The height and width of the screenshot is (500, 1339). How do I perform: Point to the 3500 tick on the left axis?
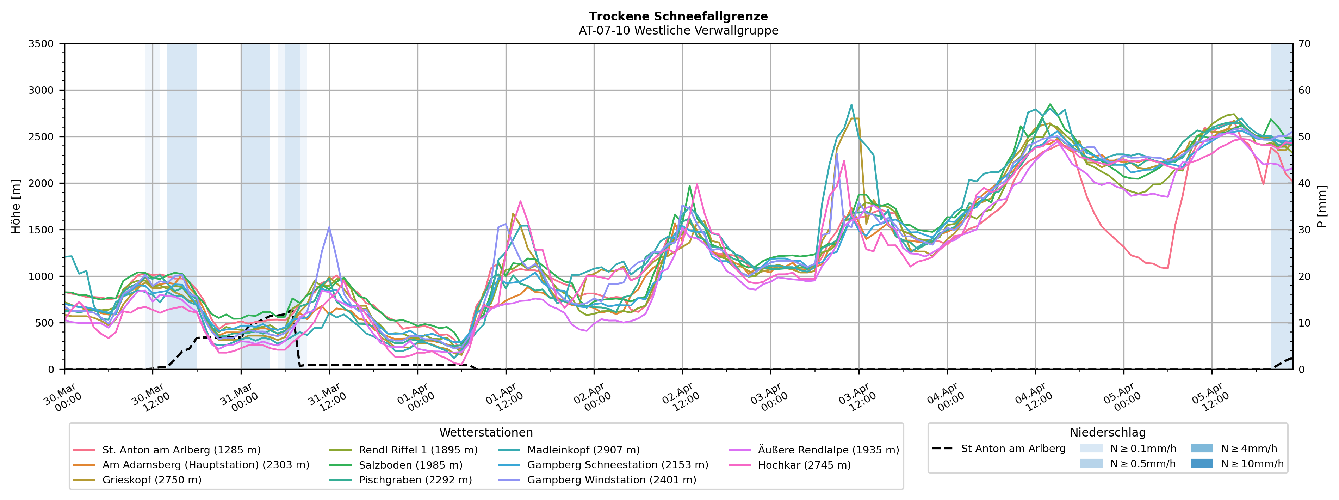click(41, 44)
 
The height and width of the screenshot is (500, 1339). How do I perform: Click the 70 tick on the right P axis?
click(1304, 44)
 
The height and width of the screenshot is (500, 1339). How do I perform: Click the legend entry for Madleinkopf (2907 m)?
click(583, 450)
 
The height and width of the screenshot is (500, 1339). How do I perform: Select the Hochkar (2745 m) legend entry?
click(804, 465)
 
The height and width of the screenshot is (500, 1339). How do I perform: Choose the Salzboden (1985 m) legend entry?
click(410, 465)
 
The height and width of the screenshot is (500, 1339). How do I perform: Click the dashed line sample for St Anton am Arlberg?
click(942, 449)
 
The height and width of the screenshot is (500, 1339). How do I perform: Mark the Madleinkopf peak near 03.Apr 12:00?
click(851, 105)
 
